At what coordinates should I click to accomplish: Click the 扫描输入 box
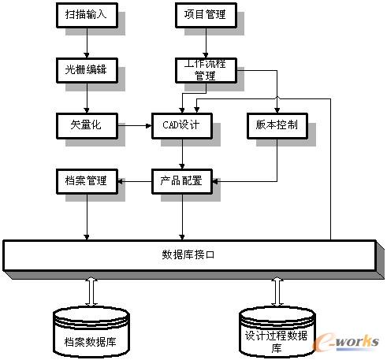click(87, 15)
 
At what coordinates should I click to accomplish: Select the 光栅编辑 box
click(87, 70)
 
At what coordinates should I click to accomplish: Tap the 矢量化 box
click(87, 126)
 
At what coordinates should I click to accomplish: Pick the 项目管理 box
click(206, 15)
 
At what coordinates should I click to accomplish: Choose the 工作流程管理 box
click(206, 70)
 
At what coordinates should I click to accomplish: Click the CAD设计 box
click(182, 126)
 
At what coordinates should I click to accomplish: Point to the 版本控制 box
click(277, 126)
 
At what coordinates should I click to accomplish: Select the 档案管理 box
click(87, 181)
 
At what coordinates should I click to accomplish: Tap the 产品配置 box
click(182, 181)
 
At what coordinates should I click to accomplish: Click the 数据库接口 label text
click(188, 254)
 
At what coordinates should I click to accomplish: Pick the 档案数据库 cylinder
click(91, 332)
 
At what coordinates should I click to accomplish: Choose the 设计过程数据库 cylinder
click(277, 332)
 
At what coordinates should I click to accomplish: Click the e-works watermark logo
click(346, 342)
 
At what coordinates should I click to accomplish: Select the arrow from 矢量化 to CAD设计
click(135, 126)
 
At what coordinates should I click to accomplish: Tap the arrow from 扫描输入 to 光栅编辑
click(87, 43)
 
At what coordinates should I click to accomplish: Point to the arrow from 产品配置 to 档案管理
click(135, 181)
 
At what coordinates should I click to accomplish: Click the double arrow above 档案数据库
click(91, 291)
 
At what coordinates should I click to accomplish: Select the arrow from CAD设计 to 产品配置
click(182, 154)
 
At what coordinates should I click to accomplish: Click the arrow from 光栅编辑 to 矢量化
click(87, 98)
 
